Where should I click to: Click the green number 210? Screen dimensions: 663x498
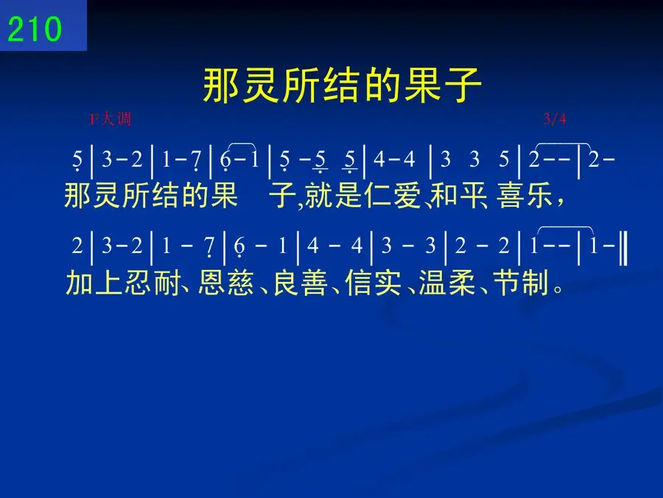pos(35,29)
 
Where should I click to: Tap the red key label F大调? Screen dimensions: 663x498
pos(110,119)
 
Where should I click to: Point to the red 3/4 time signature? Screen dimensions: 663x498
pos(554,119)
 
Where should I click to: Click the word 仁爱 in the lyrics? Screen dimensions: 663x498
pos(393,196)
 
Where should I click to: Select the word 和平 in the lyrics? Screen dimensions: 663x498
pos(458,196)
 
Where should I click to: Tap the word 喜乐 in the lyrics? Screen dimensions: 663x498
pos(525,196)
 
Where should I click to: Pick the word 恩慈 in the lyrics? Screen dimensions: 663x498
pos(226,283)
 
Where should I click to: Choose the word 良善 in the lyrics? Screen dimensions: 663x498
pos(301,283)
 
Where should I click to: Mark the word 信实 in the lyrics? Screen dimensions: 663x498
pos(373,283)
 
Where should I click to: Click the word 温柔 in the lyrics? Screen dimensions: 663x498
pos(447,283)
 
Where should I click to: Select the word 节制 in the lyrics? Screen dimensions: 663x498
pos(521,283)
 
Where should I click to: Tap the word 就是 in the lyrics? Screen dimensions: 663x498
pos(333,196)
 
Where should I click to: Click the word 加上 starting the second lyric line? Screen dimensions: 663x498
pos(94,283)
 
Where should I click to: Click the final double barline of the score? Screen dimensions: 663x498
pos(623,246)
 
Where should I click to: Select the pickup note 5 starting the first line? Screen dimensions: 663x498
pos(77,160)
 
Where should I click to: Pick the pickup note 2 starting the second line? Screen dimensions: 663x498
pos(77,246)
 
